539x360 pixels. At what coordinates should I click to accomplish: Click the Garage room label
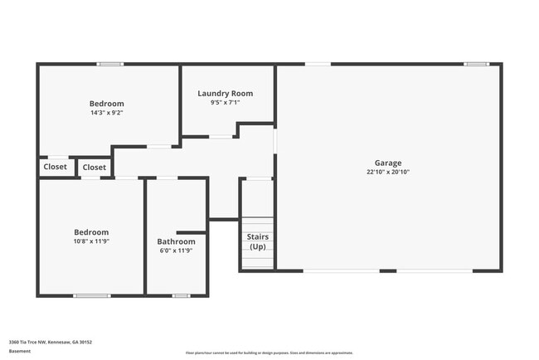[388, 163]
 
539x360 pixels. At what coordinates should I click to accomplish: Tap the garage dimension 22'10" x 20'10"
[388, 173]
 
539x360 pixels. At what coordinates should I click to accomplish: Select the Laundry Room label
[225, 94]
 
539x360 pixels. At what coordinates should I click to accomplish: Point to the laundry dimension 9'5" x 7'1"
[225, 104]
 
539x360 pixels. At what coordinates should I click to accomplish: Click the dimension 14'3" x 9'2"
[107, 113]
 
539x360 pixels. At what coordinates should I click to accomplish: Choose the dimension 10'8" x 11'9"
[91, 241]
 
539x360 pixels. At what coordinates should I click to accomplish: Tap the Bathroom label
[176, 241]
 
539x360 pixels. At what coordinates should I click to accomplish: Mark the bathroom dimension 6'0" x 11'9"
[176, 251]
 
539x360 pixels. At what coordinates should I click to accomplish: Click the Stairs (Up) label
[258, 241]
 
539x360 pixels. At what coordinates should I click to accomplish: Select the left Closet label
[56, 167]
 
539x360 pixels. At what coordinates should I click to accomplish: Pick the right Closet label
[95, 167]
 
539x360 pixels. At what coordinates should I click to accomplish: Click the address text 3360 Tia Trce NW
[50, 342]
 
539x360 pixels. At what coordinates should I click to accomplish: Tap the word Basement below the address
[19, 351]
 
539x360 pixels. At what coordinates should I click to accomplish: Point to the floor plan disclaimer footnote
[269, 353]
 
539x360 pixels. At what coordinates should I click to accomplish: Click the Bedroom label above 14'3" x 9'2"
[107, 104]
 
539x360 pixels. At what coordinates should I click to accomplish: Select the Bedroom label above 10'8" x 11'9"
[91, 232]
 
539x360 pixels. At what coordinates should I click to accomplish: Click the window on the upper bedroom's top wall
[110, 64]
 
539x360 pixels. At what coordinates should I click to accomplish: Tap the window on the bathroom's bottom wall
[181, 295]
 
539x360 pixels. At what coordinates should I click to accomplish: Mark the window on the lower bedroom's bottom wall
[91, 295]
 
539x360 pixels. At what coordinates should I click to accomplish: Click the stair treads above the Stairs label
[258, 226]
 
